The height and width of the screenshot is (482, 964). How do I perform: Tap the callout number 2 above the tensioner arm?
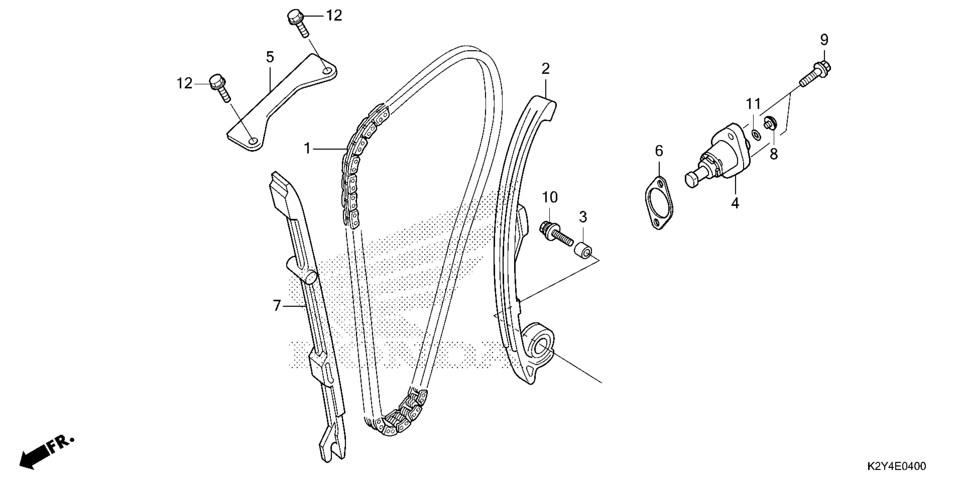click(x=545, y=69)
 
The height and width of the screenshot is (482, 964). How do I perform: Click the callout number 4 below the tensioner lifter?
click(x=735, y=203)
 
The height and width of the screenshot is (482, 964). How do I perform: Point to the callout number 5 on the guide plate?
click(x=270, y=57)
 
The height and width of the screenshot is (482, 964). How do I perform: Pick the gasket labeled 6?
click(x=659, y=202)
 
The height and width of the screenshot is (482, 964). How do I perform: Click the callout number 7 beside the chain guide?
click(x=276, y=306)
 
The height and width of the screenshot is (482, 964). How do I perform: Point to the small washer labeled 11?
click(x=755, y=134)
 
